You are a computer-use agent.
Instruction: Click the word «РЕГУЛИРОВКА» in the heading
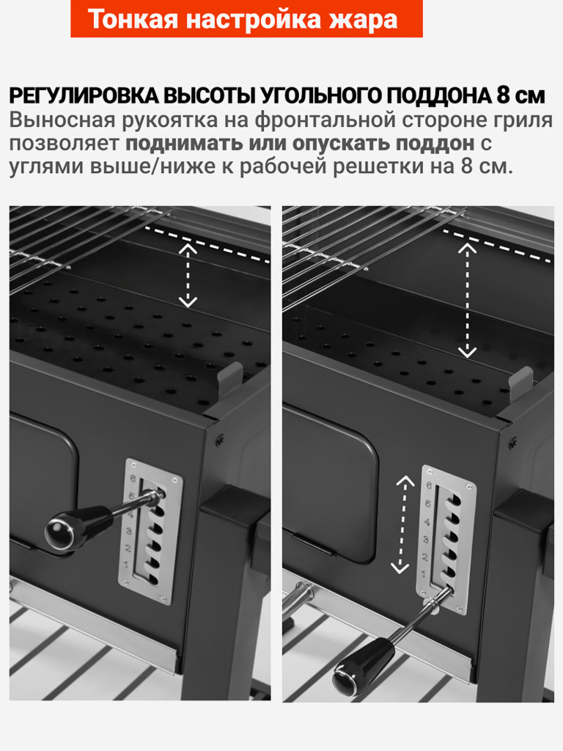[x=82, y=96]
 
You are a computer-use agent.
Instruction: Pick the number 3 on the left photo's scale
[x=130, y=530]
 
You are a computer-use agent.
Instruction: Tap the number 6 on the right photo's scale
[x=428, y=485]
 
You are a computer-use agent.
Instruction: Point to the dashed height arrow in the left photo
[x=188, y=275]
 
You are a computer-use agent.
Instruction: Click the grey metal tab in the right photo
[x=520, y=383]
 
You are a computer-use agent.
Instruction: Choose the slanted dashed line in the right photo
[x=498, y=244]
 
